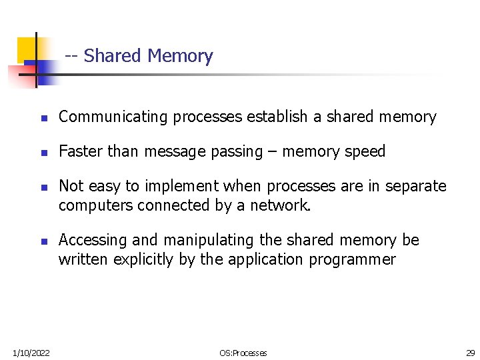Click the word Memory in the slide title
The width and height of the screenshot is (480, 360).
180,56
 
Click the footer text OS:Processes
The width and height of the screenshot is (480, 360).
243,353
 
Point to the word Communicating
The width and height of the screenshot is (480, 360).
113,117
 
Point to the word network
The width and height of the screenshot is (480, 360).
280,205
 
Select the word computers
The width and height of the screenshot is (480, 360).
96,205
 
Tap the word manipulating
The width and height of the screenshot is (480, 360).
205,240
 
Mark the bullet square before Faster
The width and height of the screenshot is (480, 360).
43,153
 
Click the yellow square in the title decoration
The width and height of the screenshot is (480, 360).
27,48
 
